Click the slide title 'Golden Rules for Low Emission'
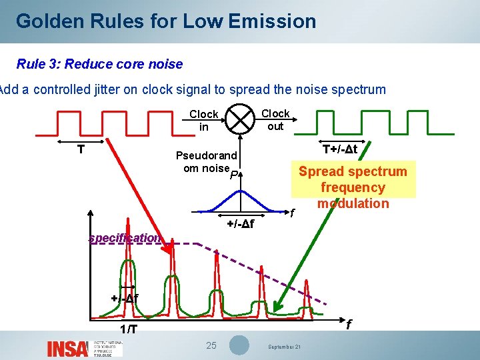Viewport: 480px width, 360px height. pyautogui.click(x=166, y=21)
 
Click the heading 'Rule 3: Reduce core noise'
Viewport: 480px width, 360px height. pyautogui.click(x=99, y=64)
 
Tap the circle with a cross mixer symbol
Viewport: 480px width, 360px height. pyautogui.click(x=240, y=120)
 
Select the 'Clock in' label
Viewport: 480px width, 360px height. pyautogui.click(x=203, y=120)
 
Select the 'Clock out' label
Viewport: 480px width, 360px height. pyautogui.click(x=275, y=119)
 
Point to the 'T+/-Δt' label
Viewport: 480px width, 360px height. pyautogui.click(x=340, y=149)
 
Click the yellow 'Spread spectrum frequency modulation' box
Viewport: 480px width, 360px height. pyautogui.click(x=353, y=187)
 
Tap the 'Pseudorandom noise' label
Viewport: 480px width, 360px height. pyautogui.click(x=207, y=162)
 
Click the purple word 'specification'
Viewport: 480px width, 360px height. pyautogui.click(x=125, y=238)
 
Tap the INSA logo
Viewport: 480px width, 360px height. pyautogui.click(x=67, y=348)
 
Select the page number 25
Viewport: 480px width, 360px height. pyautogui.click(x=211, y=345)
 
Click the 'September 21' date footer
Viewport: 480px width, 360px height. pyautogui.click(x=285, y=347)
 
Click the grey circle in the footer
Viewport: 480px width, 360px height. pyautogui.click(x=239, y=345)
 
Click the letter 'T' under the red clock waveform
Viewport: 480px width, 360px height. pyautogui.click(x=81, y=149)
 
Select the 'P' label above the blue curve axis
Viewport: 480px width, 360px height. pyautogui.click(x=233, y=176)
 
